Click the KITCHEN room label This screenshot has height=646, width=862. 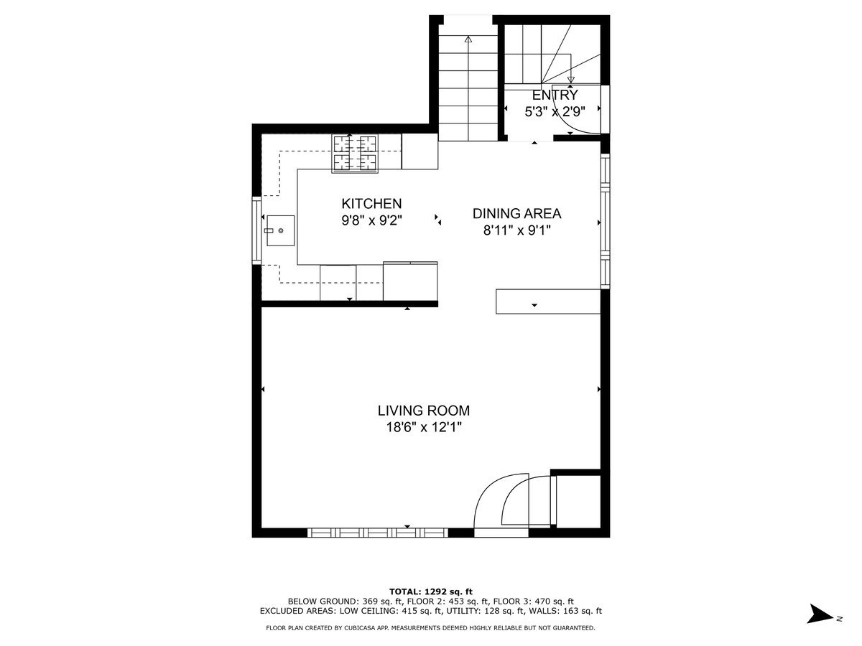(x=371, y=204)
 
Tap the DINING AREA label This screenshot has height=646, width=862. (x=516, y=213)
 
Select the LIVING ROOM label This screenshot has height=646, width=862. (x=424, y=411)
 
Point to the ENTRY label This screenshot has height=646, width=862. (x=555, y=95)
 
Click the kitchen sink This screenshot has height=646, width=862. (x=280, y=230)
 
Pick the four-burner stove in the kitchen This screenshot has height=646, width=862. (x=355, y=153)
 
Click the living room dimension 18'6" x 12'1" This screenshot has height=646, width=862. (x=424, y=428)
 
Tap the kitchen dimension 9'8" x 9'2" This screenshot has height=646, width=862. (x=371, y=221)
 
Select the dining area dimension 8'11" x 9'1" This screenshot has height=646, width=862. (x=516, y=230)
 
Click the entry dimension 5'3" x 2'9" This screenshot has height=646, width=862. (x=555, y=111)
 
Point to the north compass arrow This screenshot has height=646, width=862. (x=819, y=614)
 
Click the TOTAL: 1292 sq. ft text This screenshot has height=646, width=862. (x=431, y=591)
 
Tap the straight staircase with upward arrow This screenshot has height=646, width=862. (x=468, y=86)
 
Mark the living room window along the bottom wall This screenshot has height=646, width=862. (x=377, y=533)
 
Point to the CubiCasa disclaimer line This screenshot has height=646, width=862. (x=431, y=628)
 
